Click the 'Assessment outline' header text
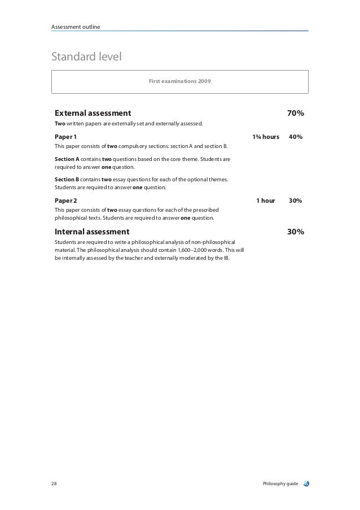(76, 26)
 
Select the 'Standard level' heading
(86, 57)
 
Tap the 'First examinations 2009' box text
(180, 82)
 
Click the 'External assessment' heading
(93, 114)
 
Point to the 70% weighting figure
(296, 114)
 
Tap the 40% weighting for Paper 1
(295, 137)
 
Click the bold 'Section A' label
(67, 160)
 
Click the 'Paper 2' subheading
(66, 200)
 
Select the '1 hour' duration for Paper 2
(265, 200)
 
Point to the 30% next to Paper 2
(295, 200)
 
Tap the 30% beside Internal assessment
(296, 232)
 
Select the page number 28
(54, 484)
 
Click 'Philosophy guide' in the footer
(280, 484)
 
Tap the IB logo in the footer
(307, 483)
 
